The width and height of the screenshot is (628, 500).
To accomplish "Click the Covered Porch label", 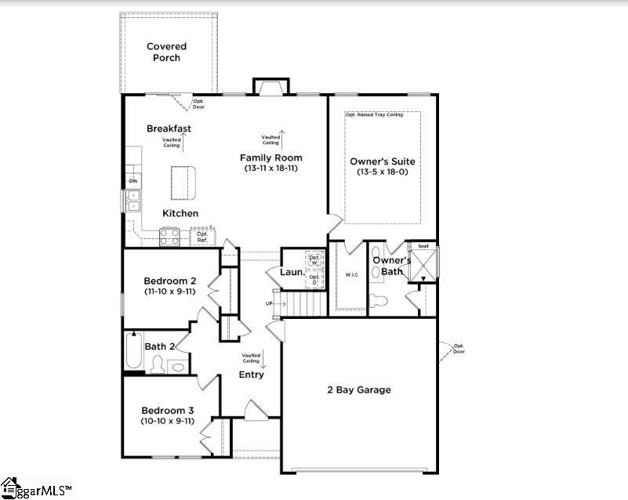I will click(166, 52).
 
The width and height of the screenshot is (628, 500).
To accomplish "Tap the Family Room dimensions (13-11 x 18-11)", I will click(271, 168).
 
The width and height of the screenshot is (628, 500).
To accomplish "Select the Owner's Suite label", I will click(382, 161).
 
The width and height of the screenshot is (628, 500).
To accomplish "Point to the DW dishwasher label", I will click(132, 182).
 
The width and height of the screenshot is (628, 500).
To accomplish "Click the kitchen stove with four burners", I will click(169, 236).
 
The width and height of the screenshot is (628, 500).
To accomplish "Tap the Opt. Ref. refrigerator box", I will click(202, 236).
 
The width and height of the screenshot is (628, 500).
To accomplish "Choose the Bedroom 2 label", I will click(169, 281).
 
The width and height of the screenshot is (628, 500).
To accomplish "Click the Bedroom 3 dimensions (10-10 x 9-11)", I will click(167, 421).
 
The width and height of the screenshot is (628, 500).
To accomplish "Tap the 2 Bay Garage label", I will click(358, 389).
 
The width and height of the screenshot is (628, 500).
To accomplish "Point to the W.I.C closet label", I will click(350, 274).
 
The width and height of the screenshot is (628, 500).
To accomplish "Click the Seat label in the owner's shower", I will click(423, 246).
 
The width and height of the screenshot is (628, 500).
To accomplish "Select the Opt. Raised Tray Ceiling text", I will click(374, 114).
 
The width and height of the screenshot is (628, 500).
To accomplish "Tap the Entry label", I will click(251, 375).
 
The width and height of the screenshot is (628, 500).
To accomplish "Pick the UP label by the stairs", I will click(269, 303).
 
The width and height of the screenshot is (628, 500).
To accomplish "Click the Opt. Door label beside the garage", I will click(459, 349).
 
